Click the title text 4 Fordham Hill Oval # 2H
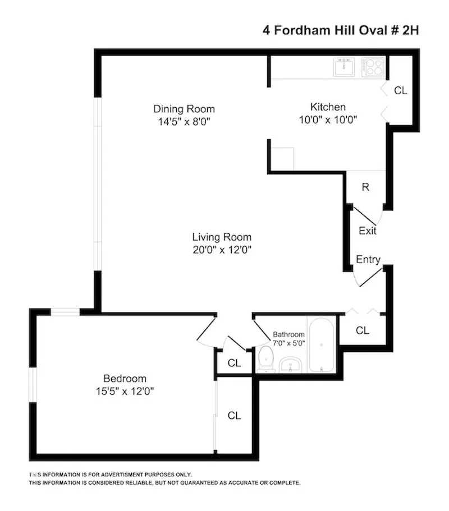pos(341,30)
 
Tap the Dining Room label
pos(184,109)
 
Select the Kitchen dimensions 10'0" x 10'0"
pos(328,119)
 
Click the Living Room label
pos(222,237)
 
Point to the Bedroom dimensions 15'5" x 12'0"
pos(124,390)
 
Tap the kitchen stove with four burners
pos(374,68)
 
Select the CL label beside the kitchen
pos(400,90)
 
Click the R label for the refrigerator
pos(365,187)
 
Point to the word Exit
pos(367,231)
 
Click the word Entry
pos(368,260)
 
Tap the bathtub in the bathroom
pos(322,345)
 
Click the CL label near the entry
pos(363,330)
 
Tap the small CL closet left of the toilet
pos(234,363)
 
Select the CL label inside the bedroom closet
pos(234,416)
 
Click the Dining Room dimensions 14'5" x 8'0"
pos(184,121)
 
